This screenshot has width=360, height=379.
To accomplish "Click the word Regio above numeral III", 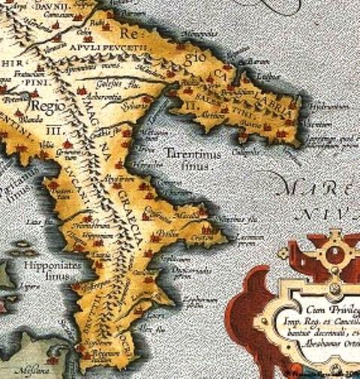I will click(x=46, y=106).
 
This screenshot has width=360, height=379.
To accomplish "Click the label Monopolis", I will click(x=200, y=34).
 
